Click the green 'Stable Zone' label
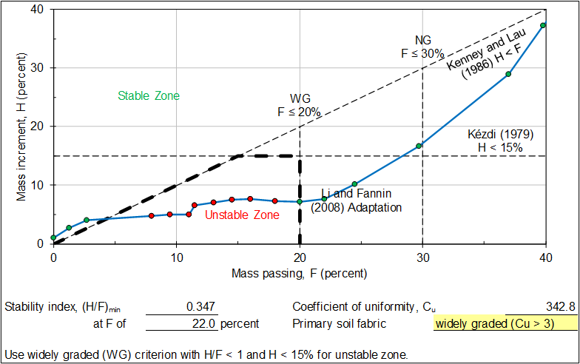tap(149, 96)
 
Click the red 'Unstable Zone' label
tap(242, 215)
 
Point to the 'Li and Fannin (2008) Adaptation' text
tap(356, 200)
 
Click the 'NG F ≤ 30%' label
tap(422, 47)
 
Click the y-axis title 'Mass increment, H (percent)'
tap(21, 127)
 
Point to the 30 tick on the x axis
tap(422, 257)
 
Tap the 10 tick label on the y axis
tap(38, 185)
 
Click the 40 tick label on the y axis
tap(38, 10)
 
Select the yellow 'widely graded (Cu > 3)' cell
tap(504, 323)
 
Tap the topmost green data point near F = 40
tap(544, 25)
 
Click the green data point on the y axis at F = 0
tap(53, 237)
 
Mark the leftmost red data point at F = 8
tap(152, 216)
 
